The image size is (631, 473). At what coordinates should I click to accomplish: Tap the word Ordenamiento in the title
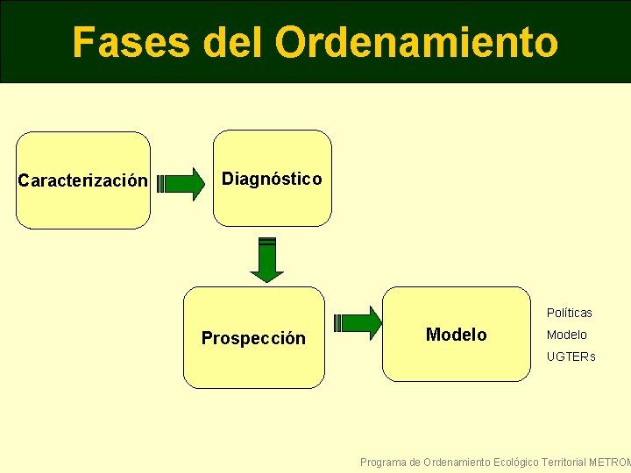[416, 42]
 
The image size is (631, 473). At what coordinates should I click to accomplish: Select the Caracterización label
[83, 181]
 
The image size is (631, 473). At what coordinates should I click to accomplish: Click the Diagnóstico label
[272, 180]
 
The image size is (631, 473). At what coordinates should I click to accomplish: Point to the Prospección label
[253, 338]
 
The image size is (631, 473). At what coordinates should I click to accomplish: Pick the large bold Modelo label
[456, 335]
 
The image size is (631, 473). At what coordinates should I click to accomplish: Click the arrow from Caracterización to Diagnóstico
[180, 184]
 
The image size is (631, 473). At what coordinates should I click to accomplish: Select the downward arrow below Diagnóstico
[267, 259]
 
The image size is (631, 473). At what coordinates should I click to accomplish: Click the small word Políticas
[570, 313]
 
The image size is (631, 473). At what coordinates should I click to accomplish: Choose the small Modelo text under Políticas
[567, 335]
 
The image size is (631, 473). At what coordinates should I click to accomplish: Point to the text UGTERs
[571, 357]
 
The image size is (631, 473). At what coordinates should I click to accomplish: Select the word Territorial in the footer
[564, 462]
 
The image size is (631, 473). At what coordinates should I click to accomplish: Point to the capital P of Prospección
[207, 338]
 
